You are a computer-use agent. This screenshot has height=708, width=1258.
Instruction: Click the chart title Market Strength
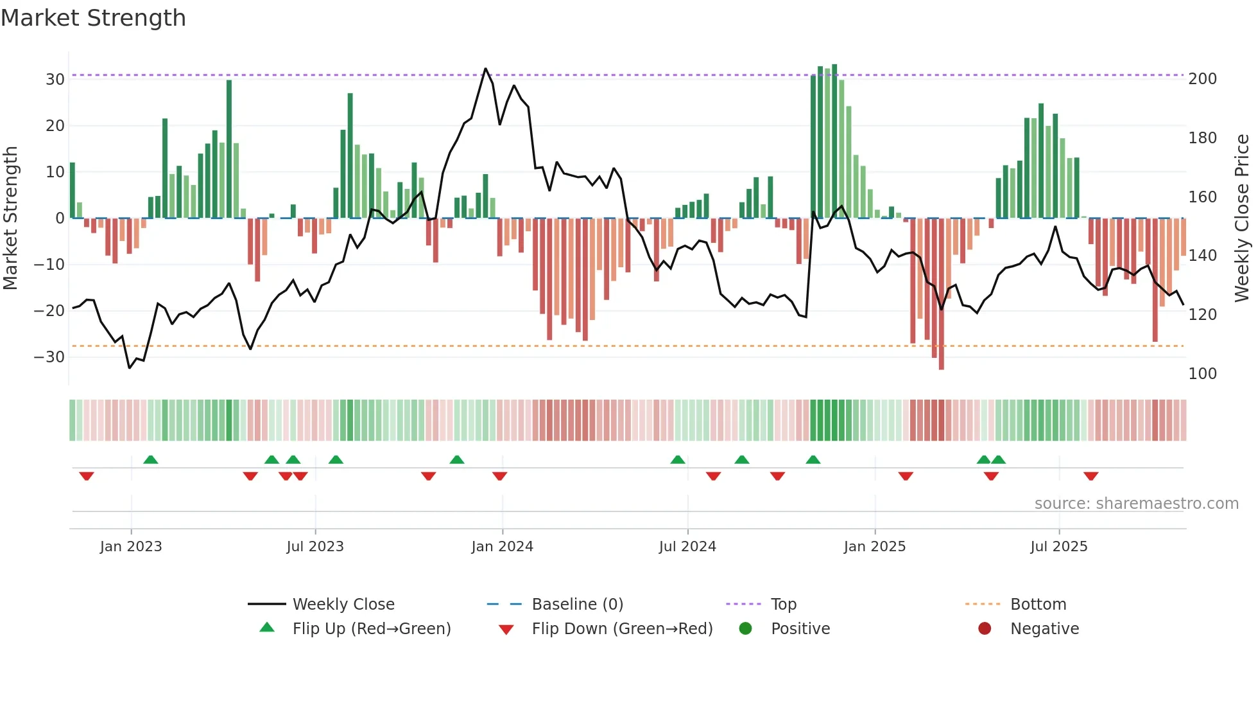[x=93, y=18]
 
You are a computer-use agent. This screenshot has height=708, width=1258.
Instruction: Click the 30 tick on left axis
[x=55, y=80]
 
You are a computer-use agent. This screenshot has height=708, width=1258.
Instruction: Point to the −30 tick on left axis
[x=50, y=357]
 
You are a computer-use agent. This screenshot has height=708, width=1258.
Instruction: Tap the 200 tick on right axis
[x=1202, y=79]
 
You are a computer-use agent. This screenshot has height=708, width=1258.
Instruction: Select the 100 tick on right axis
[x=1202, y=374]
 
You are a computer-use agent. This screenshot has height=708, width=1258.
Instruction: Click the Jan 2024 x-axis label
[x=502, y=547]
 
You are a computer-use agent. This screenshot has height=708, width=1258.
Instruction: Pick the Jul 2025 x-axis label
[x=1058, y=547]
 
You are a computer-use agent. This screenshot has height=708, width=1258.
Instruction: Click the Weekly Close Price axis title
[x=1242, y=218]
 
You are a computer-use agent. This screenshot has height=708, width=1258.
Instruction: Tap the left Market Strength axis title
[x=10, y=218]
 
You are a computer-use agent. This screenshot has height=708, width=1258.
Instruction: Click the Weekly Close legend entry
[x=343, y=605]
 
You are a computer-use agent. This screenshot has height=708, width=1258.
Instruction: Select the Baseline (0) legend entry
[x=577, y=605]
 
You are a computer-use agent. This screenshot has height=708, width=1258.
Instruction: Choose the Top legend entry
[x=783, y=605]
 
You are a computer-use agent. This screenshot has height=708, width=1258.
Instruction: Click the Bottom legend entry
[x=1038, y=605]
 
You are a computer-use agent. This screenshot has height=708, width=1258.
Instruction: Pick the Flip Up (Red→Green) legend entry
[x=371, y=629]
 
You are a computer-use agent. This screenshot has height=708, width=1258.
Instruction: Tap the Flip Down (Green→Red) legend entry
[x=621, y=629]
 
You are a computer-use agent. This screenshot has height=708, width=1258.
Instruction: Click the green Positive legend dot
[x=745, y=629]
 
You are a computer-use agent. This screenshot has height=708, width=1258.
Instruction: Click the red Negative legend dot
[x=985, y=629]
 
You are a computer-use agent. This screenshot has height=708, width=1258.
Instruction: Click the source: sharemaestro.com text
[x=1136, y=504]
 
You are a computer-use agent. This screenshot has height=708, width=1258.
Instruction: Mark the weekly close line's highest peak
[x=485, y=69]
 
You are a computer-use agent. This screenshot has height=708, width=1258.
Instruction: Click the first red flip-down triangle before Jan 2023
[x=87, y=476]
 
